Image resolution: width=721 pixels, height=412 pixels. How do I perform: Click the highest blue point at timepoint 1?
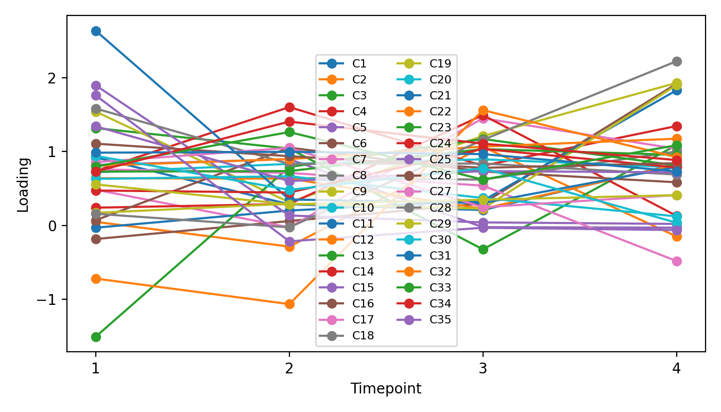tap(96, 31)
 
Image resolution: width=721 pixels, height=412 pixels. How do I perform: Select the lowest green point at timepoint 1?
tap(96, 337)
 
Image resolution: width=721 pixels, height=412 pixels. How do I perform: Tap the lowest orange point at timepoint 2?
tap(289, 304)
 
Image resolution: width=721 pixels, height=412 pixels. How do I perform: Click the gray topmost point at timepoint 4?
tap(677, 62)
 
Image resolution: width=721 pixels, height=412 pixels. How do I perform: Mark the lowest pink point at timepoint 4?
tap(677, 261)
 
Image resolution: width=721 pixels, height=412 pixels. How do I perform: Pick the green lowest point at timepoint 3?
tap(483, 249)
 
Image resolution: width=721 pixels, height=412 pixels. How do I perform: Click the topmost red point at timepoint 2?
tap(289, 107)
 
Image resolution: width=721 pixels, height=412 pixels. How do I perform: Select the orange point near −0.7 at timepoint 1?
tap(96, 279)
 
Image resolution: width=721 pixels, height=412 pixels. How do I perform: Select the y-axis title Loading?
tap(23, 184)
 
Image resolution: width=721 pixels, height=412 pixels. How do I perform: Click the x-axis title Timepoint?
tap(386, 389)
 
